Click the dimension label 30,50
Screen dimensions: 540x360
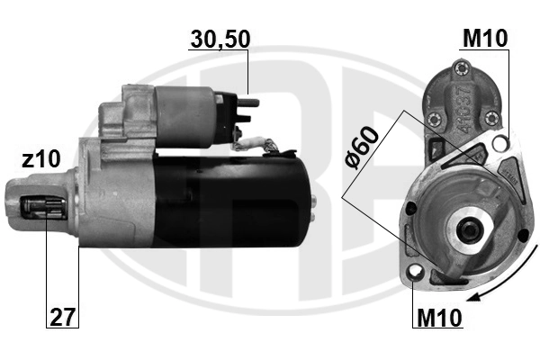coord(220,39)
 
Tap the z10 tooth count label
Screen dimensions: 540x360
coord(41,159)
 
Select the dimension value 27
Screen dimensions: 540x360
coord(62,317)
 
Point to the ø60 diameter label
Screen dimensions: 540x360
coord(362,148)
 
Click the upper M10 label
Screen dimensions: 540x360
coord(485,38)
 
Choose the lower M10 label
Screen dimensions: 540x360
coord(439,318)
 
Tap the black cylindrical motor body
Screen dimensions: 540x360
coord(234,202)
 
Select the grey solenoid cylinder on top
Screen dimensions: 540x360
coord(184,116)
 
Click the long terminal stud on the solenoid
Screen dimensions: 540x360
coord(248,103)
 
